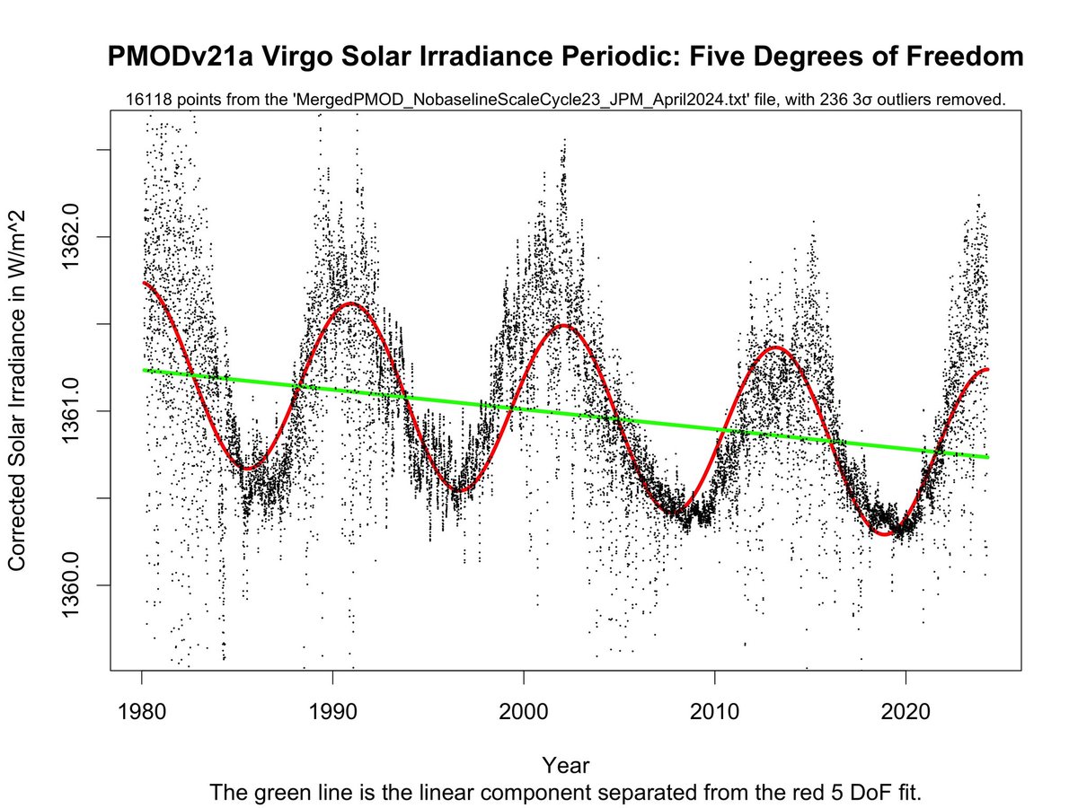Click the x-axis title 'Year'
[x=566, y=765]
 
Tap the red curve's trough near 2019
[x=886, y=534]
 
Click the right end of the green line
[x=987, y=457]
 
